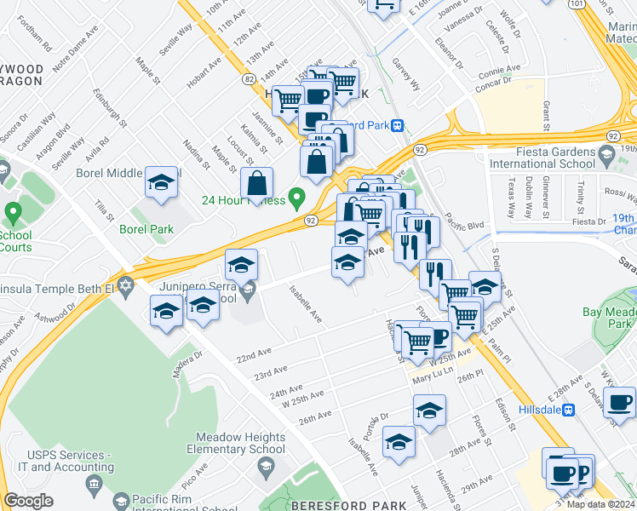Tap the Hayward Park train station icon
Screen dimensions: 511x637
click(x=397, y=125)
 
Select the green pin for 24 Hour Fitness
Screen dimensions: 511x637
click(x=296, y=199)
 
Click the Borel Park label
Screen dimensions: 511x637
click(x=146, y=228)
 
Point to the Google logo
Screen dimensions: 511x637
click(x=28, y=500)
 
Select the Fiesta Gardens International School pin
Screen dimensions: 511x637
click(x=605, y=155)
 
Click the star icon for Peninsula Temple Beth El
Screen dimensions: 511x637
click(x=126, y=284)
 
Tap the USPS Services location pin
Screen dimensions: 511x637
click(x=91, y=488)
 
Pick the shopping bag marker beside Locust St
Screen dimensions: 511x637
click(x=256, y=182)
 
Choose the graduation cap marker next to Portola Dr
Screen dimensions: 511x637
click(x=398, y=442)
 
